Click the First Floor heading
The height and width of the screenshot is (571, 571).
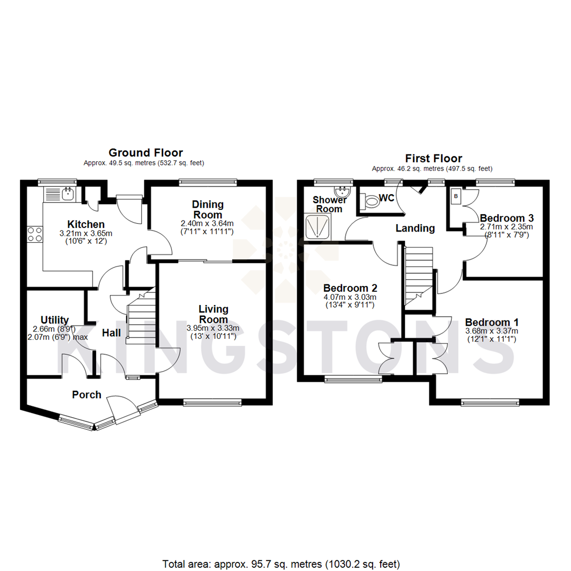pyautogui.click(x=433, y=158)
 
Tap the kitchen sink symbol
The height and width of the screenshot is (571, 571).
pyautogui.click(x=67, y=194)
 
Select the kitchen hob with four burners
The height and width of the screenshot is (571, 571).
pyautogui.click(x=34, y=234)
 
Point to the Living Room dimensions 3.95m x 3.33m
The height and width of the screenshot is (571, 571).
pyautogui.click(x=213, y=328)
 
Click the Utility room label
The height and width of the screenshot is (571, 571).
pyautogui.click(x=55, y=320)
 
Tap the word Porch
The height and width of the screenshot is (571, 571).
pyautogui.click(x=87, y=394)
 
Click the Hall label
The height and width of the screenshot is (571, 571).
pyautogui.click(x=111, y=333)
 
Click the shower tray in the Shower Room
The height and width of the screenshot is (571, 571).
pyautogui.click(x=318, y=226)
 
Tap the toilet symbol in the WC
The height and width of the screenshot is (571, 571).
pyautogui.click(x=370, y=200)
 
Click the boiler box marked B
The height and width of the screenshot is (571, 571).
pyautogui.click(x=456, y=196)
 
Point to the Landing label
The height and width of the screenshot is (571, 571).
pyautogui.click(x=416, y=228)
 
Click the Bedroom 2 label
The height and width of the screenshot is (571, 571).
pyautogui.click(x=350, y=288)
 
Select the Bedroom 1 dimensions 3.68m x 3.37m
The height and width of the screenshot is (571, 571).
pyautogui.click(x=492, y=331)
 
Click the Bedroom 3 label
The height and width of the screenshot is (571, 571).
pyautogui.click(x=506, y=217)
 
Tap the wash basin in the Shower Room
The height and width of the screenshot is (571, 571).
pyautogui.click(x=342, y=191)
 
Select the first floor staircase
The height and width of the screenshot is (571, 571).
pyautogui.click(x=418, y=275)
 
